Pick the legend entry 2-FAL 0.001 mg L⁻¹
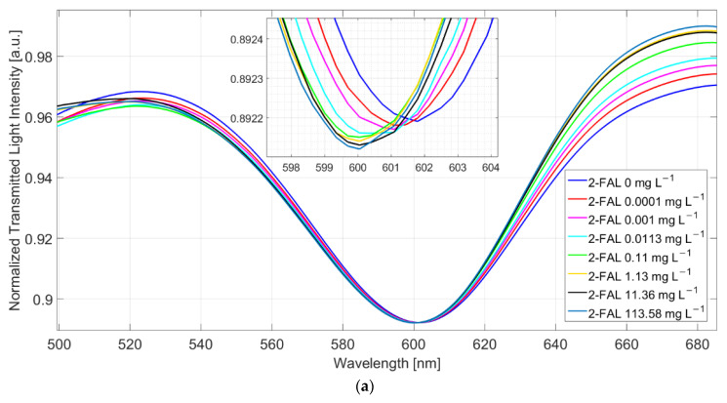(640, 219)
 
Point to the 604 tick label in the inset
(490, 167)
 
